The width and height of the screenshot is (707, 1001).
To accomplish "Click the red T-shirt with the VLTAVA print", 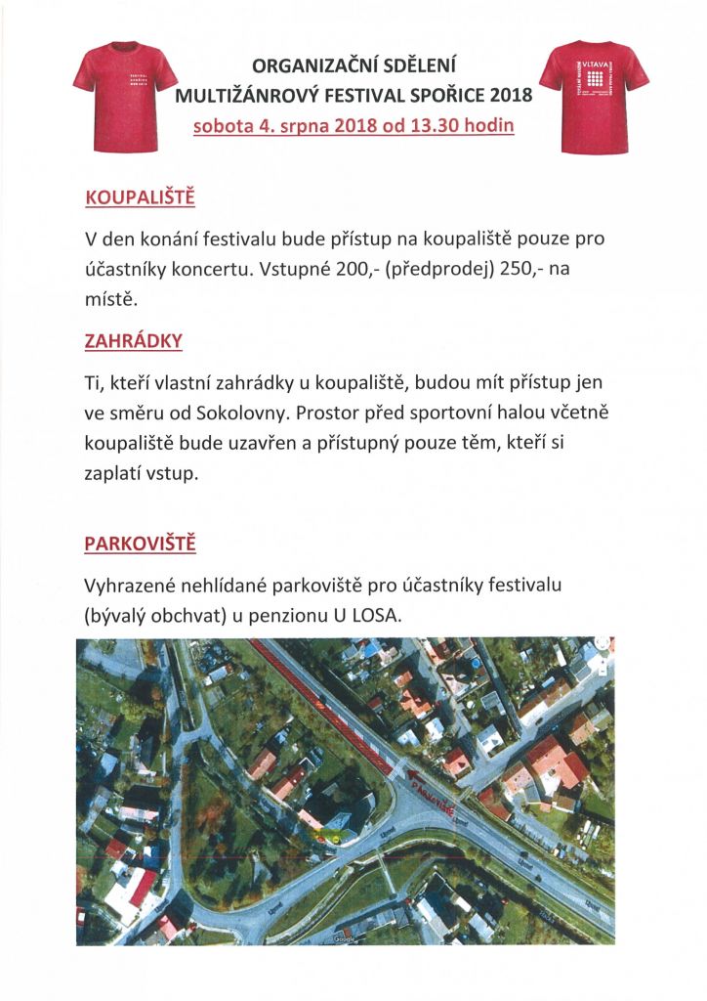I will click(594, 95).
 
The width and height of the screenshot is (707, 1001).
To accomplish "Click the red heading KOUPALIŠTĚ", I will click(141, 198).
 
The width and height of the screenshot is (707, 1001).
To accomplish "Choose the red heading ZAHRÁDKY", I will click(134, 342).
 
